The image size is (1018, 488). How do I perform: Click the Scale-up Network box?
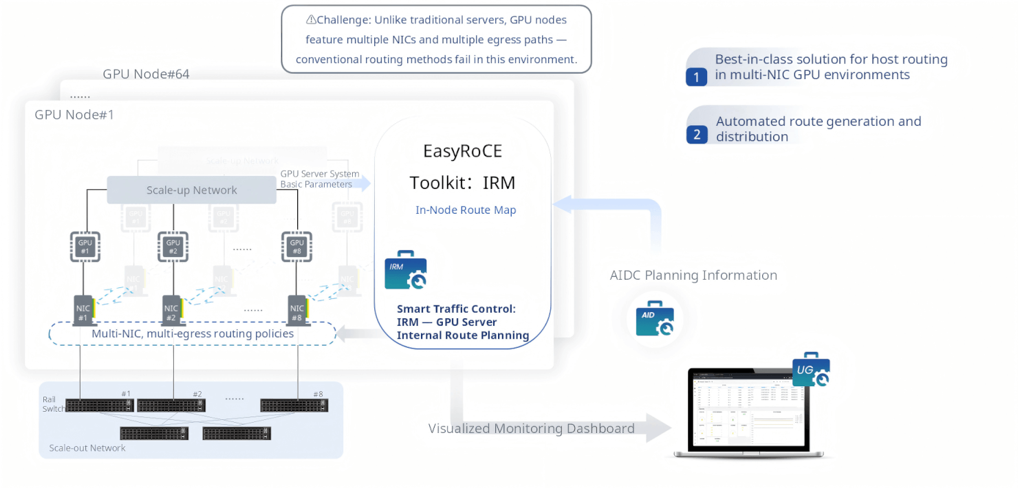(x=191, y=190)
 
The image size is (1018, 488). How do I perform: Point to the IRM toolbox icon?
(x=406, y=269)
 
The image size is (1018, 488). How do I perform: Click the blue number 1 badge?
(x=696, y=77)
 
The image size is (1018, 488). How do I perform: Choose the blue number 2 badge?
(x=696, y=135)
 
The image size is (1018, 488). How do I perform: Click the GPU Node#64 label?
(x=146, y=74)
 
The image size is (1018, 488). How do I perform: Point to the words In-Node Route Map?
(x=466, y=210)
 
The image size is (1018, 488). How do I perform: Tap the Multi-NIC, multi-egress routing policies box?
(x=192, y=333)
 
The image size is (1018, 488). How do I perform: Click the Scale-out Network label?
(x=87, y=448)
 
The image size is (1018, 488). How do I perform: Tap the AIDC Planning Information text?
(x=693, y=276)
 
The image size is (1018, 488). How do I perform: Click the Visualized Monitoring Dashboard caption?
(x=531, y=429)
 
